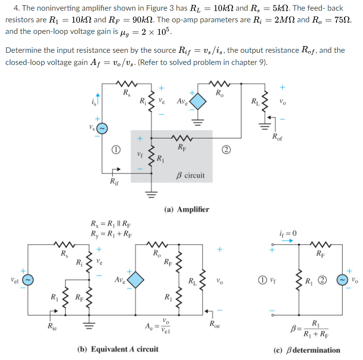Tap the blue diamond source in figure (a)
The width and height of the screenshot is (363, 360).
(197, 102)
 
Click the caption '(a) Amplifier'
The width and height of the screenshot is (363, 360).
(187, 209)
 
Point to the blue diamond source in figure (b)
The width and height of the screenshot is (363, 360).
(136, 280)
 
